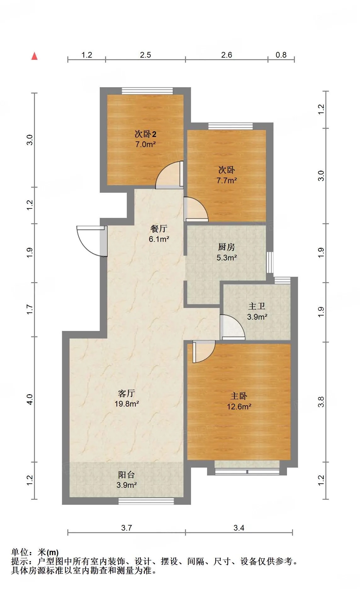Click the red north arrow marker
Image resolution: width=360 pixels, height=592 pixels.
35,56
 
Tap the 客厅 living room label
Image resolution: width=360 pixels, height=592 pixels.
127,393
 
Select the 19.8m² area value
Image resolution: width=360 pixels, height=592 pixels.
127,404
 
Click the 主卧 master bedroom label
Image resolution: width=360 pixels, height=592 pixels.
239,396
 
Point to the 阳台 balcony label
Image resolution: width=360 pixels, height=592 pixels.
127,475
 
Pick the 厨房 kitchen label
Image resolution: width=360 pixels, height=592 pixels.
227,247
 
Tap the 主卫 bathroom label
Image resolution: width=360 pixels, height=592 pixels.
257,306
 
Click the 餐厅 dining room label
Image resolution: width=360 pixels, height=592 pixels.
159,228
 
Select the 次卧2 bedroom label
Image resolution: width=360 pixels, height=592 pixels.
145,134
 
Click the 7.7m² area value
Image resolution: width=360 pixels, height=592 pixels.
227,180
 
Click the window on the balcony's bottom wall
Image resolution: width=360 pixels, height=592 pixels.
146,501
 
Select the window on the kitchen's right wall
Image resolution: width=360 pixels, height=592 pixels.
270,262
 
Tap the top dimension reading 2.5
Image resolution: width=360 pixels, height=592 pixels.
145,55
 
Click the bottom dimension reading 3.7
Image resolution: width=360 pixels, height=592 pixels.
127,528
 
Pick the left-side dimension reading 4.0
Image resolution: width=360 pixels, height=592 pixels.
30,399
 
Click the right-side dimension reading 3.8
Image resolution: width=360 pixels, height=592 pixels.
321,402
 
